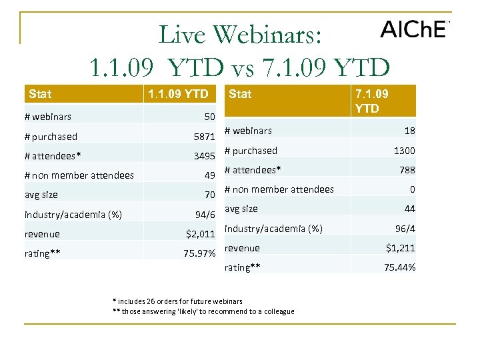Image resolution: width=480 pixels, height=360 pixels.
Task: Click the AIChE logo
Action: point(413,29)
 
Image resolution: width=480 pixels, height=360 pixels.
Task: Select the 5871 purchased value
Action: point(204,137)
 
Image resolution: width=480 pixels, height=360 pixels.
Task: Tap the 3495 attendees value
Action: point(204,156)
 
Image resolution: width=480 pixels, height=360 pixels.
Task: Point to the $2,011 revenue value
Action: point(201,234)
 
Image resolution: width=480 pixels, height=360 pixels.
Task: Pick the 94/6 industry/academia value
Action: point(205,215)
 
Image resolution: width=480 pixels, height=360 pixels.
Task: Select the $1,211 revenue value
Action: point(400,248)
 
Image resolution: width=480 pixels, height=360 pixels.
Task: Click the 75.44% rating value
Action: point(399,267)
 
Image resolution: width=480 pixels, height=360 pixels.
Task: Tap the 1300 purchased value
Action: point(404,151)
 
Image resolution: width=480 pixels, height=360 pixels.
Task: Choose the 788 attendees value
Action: point(407,170)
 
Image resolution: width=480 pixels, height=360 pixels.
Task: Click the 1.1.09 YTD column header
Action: point(178,94)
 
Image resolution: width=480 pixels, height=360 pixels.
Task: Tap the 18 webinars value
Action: point(409,131)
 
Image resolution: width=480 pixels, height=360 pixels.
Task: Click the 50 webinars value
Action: point(209,117)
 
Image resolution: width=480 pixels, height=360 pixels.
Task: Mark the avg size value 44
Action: point(409,209)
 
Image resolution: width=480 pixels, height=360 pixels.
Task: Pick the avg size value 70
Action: point(209,195)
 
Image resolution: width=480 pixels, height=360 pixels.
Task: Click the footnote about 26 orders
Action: point(179,301)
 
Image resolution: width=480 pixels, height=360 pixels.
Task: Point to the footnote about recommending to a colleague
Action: point(203,311)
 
